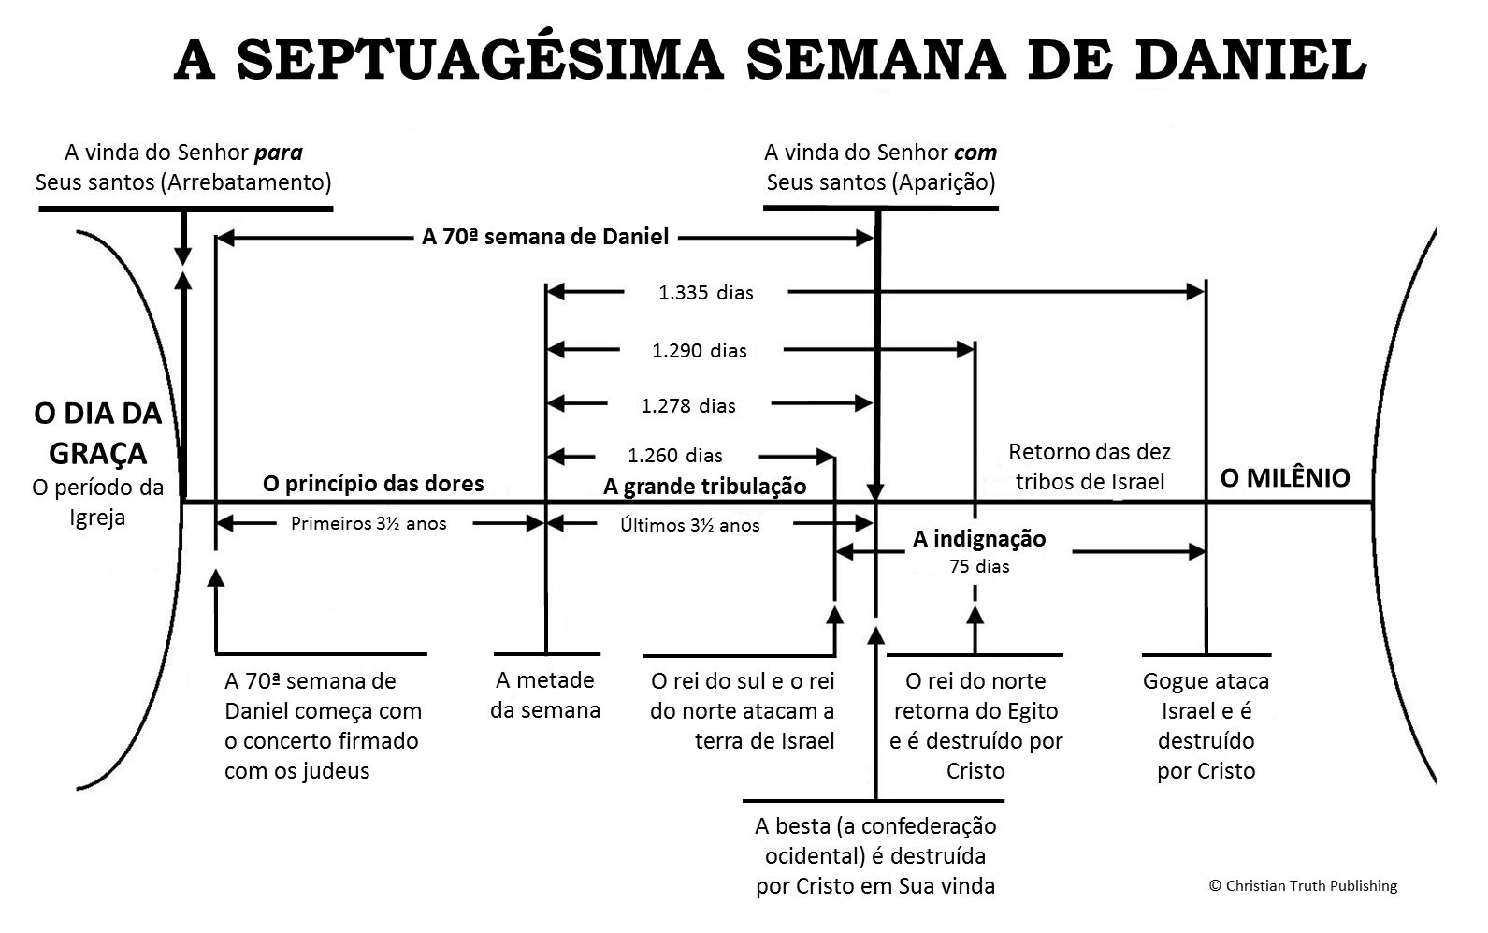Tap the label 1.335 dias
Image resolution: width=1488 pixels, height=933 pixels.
[x=705, y=293]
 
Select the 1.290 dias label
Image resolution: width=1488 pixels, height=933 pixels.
[x=699, y=351]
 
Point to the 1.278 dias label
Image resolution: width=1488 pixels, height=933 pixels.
[x=687, y=405]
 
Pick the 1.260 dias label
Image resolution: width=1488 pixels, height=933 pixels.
[x=674, y=456]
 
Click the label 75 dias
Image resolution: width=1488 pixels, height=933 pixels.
[x=978, y=565]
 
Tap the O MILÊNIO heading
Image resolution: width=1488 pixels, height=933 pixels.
[x=1285, y=478]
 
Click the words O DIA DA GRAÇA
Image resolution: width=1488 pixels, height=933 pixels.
[x=98, y=433]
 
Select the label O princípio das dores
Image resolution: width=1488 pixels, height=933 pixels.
[x=373, y=483]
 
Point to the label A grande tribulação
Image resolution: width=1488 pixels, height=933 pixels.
[x=704, y=486]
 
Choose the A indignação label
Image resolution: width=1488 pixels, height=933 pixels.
[x=978, y=539]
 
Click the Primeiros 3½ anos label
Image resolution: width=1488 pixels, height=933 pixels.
[x=368, y=523]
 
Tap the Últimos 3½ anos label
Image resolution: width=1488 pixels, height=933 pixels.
[x=689, y=525]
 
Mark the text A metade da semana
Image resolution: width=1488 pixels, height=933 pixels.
[x=545, y=694]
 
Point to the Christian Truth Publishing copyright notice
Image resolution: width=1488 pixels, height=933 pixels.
[x=1303, y=885]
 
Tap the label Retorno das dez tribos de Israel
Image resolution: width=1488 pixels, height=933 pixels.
[x=1090, y=466]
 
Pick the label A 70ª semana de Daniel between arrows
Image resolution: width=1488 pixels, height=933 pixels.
[x=545, y=237]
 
